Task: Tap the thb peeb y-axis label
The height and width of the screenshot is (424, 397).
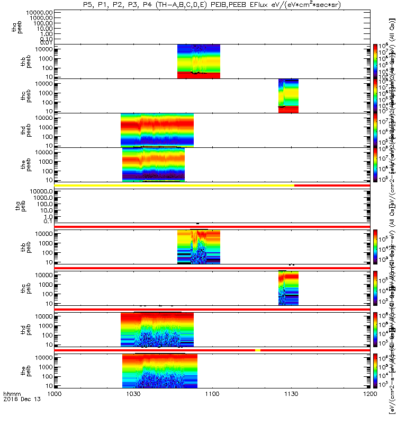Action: click(x=17, y=61)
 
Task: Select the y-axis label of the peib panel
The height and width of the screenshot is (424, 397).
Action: click(x=17, y=371)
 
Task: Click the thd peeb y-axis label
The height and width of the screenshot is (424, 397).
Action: click(x=17, y=130)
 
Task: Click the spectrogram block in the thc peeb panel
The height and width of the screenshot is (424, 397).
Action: click(x=288, y=95)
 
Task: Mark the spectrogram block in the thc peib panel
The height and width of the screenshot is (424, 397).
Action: click(x=288, y=288)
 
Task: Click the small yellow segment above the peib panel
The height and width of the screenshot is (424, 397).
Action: click(x=258, y=350)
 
